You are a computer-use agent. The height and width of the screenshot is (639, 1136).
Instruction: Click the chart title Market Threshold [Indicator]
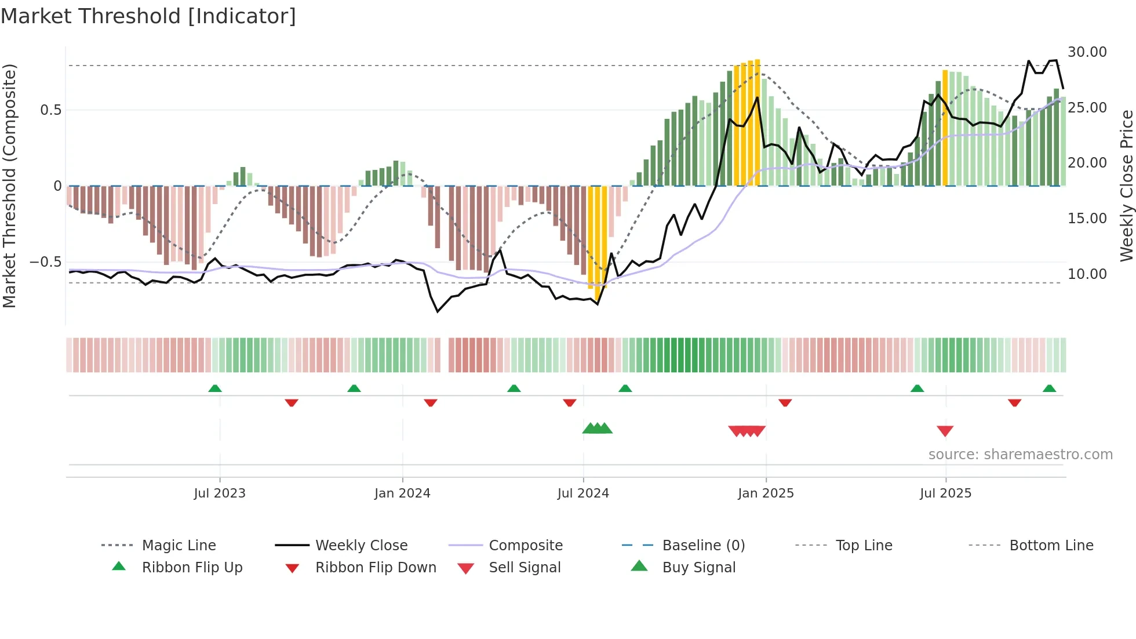tap(148, 16)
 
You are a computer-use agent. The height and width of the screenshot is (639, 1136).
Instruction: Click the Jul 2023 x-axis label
tap(220, 493)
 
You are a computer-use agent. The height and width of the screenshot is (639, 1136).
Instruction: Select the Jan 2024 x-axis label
tap(402, 493)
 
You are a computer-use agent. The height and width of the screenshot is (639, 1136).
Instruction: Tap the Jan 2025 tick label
tap(766, 493)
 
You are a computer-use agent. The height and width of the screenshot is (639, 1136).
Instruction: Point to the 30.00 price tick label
tap(1087, 52)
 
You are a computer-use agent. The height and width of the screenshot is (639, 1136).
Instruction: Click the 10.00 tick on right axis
tap(1087, 274)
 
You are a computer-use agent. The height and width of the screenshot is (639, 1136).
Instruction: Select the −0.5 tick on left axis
tap(46, 262)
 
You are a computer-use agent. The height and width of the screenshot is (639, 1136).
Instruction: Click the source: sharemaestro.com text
tap(1020, 455)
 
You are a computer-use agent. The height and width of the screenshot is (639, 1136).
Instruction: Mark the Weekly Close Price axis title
tap(1126, 186)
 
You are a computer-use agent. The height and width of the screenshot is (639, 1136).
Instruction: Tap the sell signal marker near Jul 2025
tap(945, 431)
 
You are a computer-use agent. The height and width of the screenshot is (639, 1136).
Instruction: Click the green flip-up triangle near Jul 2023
tap(215, 388)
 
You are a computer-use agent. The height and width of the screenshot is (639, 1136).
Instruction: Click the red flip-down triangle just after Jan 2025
tap(785, 402)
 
